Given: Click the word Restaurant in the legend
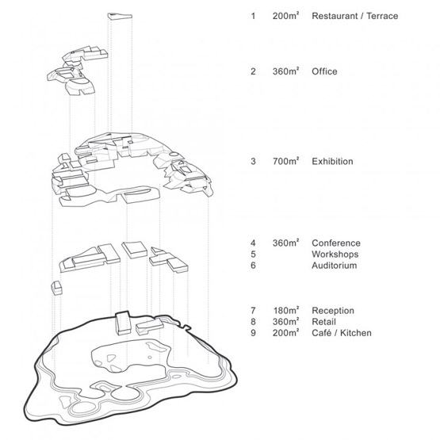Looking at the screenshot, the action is pyautogui.click(x=335, y=16).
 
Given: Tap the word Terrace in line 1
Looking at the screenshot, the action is pyautogui.click(x=382, y=16).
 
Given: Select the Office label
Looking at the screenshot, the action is pyautogui.click(x=324, y=71).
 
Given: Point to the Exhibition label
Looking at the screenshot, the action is pyautogui.click(x=332, y=162).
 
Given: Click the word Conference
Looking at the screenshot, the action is pyautogui.click(x=336, y=243).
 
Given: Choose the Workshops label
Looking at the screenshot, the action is pyautogui.click(x=335, y=254).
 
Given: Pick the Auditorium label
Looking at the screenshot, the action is pyautogui.click(x=335, y=266).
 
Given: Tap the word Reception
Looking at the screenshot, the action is pyautogui.click(x=333, y=311).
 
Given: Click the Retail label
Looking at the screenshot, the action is pyautogui.click(x=323, y=322).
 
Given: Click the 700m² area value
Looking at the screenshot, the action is pyautogui.click(x=285, y=162).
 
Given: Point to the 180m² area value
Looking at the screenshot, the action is pyautogui.click(x=286, y=311).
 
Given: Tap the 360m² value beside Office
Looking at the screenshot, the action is pyautogui.click(x=285, y=71).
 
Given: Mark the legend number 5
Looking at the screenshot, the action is pyautogui.click(x=254, y=254).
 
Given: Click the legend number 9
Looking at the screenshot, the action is pyautogui.click(x=254, y=333).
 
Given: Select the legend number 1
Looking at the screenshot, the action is pyautogui.click(x=254, y=16).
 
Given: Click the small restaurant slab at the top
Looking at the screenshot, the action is pyautogui.click(x=120, y=16).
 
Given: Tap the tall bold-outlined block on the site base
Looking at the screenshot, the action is pyautogui.click(x=123, y=323).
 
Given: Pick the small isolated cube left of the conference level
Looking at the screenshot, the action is pyautogui.click(x=56, y=288).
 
